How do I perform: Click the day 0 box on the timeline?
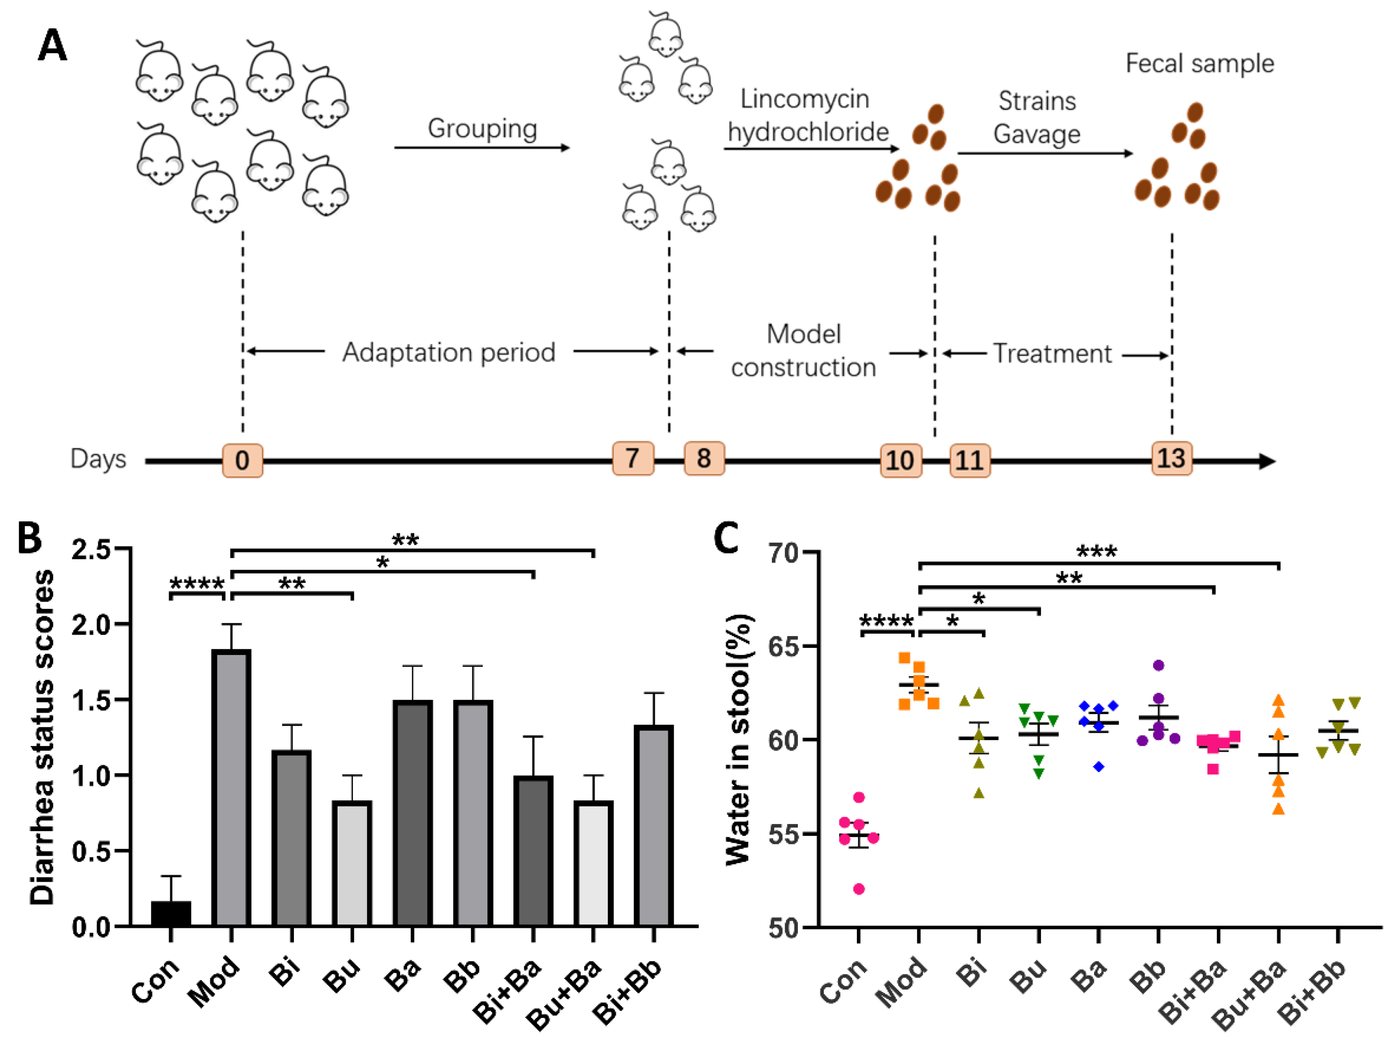tap(242, 461)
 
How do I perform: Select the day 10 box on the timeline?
tap(900, 461)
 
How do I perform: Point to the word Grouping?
tap(482, 129)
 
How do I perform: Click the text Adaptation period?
tap(448, 352)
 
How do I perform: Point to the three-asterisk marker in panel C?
tap(1097, 552)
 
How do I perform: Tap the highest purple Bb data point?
tap(1158, 665)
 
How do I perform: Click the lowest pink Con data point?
tap(859, 890)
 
